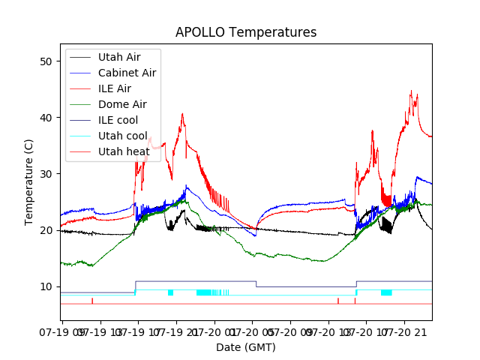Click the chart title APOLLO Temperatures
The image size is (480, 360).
pos(246,32)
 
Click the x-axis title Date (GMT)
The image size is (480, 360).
pos(246,347)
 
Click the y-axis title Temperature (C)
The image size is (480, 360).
pos(28,181)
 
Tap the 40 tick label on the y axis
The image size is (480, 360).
pos(46,117)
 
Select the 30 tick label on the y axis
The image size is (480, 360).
pos(46,173)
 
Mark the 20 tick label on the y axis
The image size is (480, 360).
pos(46,230)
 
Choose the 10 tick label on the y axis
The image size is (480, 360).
pos(46,286)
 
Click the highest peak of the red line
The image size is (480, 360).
pos(411,91)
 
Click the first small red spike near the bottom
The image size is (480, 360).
pos(92,300)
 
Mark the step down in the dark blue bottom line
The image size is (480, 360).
pos(256,283)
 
